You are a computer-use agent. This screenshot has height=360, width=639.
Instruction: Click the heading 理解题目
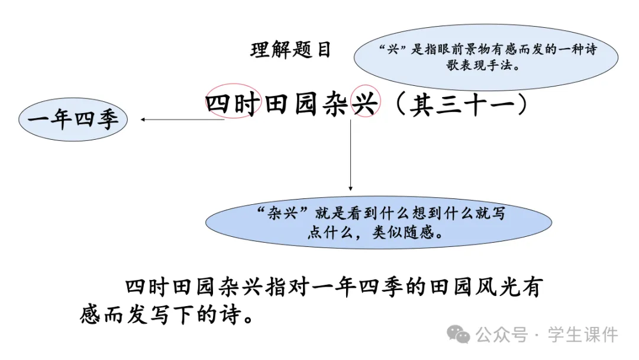pos(290,50)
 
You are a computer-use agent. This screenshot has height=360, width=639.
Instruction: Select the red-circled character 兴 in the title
pos(364,106)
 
